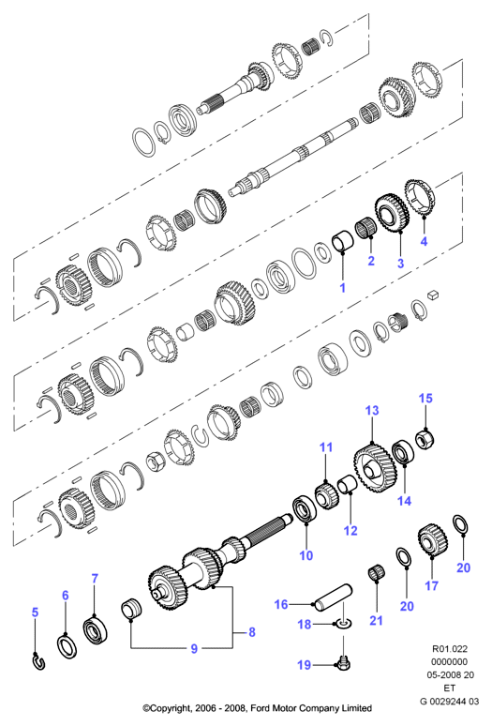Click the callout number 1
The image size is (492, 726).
(x=342, y=288)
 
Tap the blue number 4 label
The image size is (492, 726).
(x=424, y=241)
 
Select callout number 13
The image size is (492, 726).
(x=372, y=410)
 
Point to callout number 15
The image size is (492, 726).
(x=425, y=399)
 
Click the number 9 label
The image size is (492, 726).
(x=194, y=649)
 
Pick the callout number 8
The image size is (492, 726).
(x=252, y=632)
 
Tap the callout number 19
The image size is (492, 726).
(x=304, y=665)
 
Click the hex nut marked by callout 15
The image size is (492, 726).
(x=425, y=440)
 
